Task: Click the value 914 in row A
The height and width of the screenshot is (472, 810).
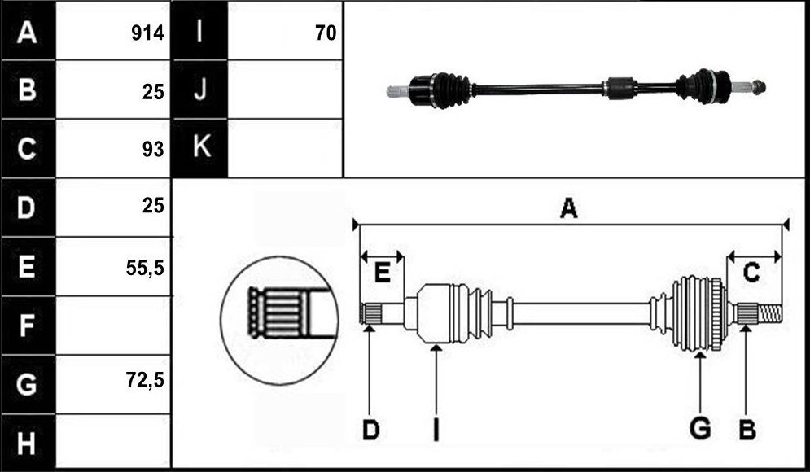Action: tap(147, 33)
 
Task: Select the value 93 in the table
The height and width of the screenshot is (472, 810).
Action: tap(153, 149)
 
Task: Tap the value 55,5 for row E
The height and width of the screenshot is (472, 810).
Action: tap(145, 268)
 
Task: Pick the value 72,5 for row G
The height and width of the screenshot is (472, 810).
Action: tap(145, 380)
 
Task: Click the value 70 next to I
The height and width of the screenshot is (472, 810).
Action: tap(326, 33)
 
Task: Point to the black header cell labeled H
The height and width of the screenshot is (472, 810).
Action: tap(28, 443)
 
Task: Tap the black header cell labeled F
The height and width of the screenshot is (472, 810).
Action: tap(28, 326)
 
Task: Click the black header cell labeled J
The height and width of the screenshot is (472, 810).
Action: tap(199, 90)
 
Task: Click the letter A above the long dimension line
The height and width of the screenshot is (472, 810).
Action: tap(569, 208)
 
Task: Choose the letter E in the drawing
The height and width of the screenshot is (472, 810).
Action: tap(382, 273)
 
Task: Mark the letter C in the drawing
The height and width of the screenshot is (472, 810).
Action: tap(751, 273)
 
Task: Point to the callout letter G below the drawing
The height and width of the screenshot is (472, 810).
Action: tap(700, 429)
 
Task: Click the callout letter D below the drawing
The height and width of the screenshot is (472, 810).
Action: tap(370, 430)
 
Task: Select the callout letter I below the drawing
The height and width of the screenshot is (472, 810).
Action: tap(436, 430)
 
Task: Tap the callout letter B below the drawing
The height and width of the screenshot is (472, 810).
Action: tap(747, 430)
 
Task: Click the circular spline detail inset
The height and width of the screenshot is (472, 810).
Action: tap(279, 320)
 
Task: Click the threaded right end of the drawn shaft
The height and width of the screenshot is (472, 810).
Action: tap(770, 313)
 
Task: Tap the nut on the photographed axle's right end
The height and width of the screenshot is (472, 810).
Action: tap(759, 87)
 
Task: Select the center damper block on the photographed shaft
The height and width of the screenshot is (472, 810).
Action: tap(620, 88)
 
